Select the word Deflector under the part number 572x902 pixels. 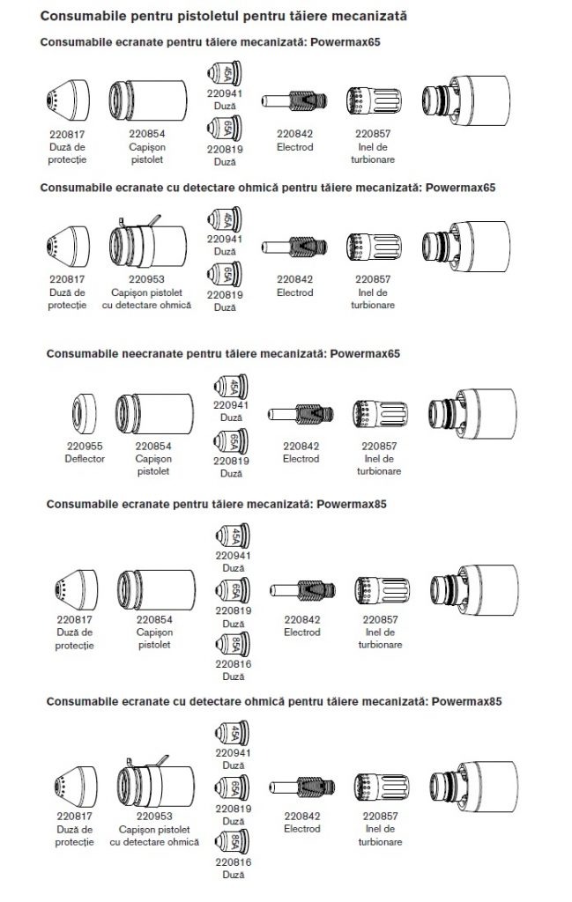[x=85, y=459]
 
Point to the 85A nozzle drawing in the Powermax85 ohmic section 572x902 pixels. [x=233, y=845]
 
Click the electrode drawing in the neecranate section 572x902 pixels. [x=301, y=413]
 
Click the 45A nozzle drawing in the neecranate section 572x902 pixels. [x=233, y=385]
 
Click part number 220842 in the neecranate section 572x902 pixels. [x=301, y=447]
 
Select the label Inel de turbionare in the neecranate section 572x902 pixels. [x=380, y=465]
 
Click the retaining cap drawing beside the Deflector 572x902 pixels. [x=153, y=417]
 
